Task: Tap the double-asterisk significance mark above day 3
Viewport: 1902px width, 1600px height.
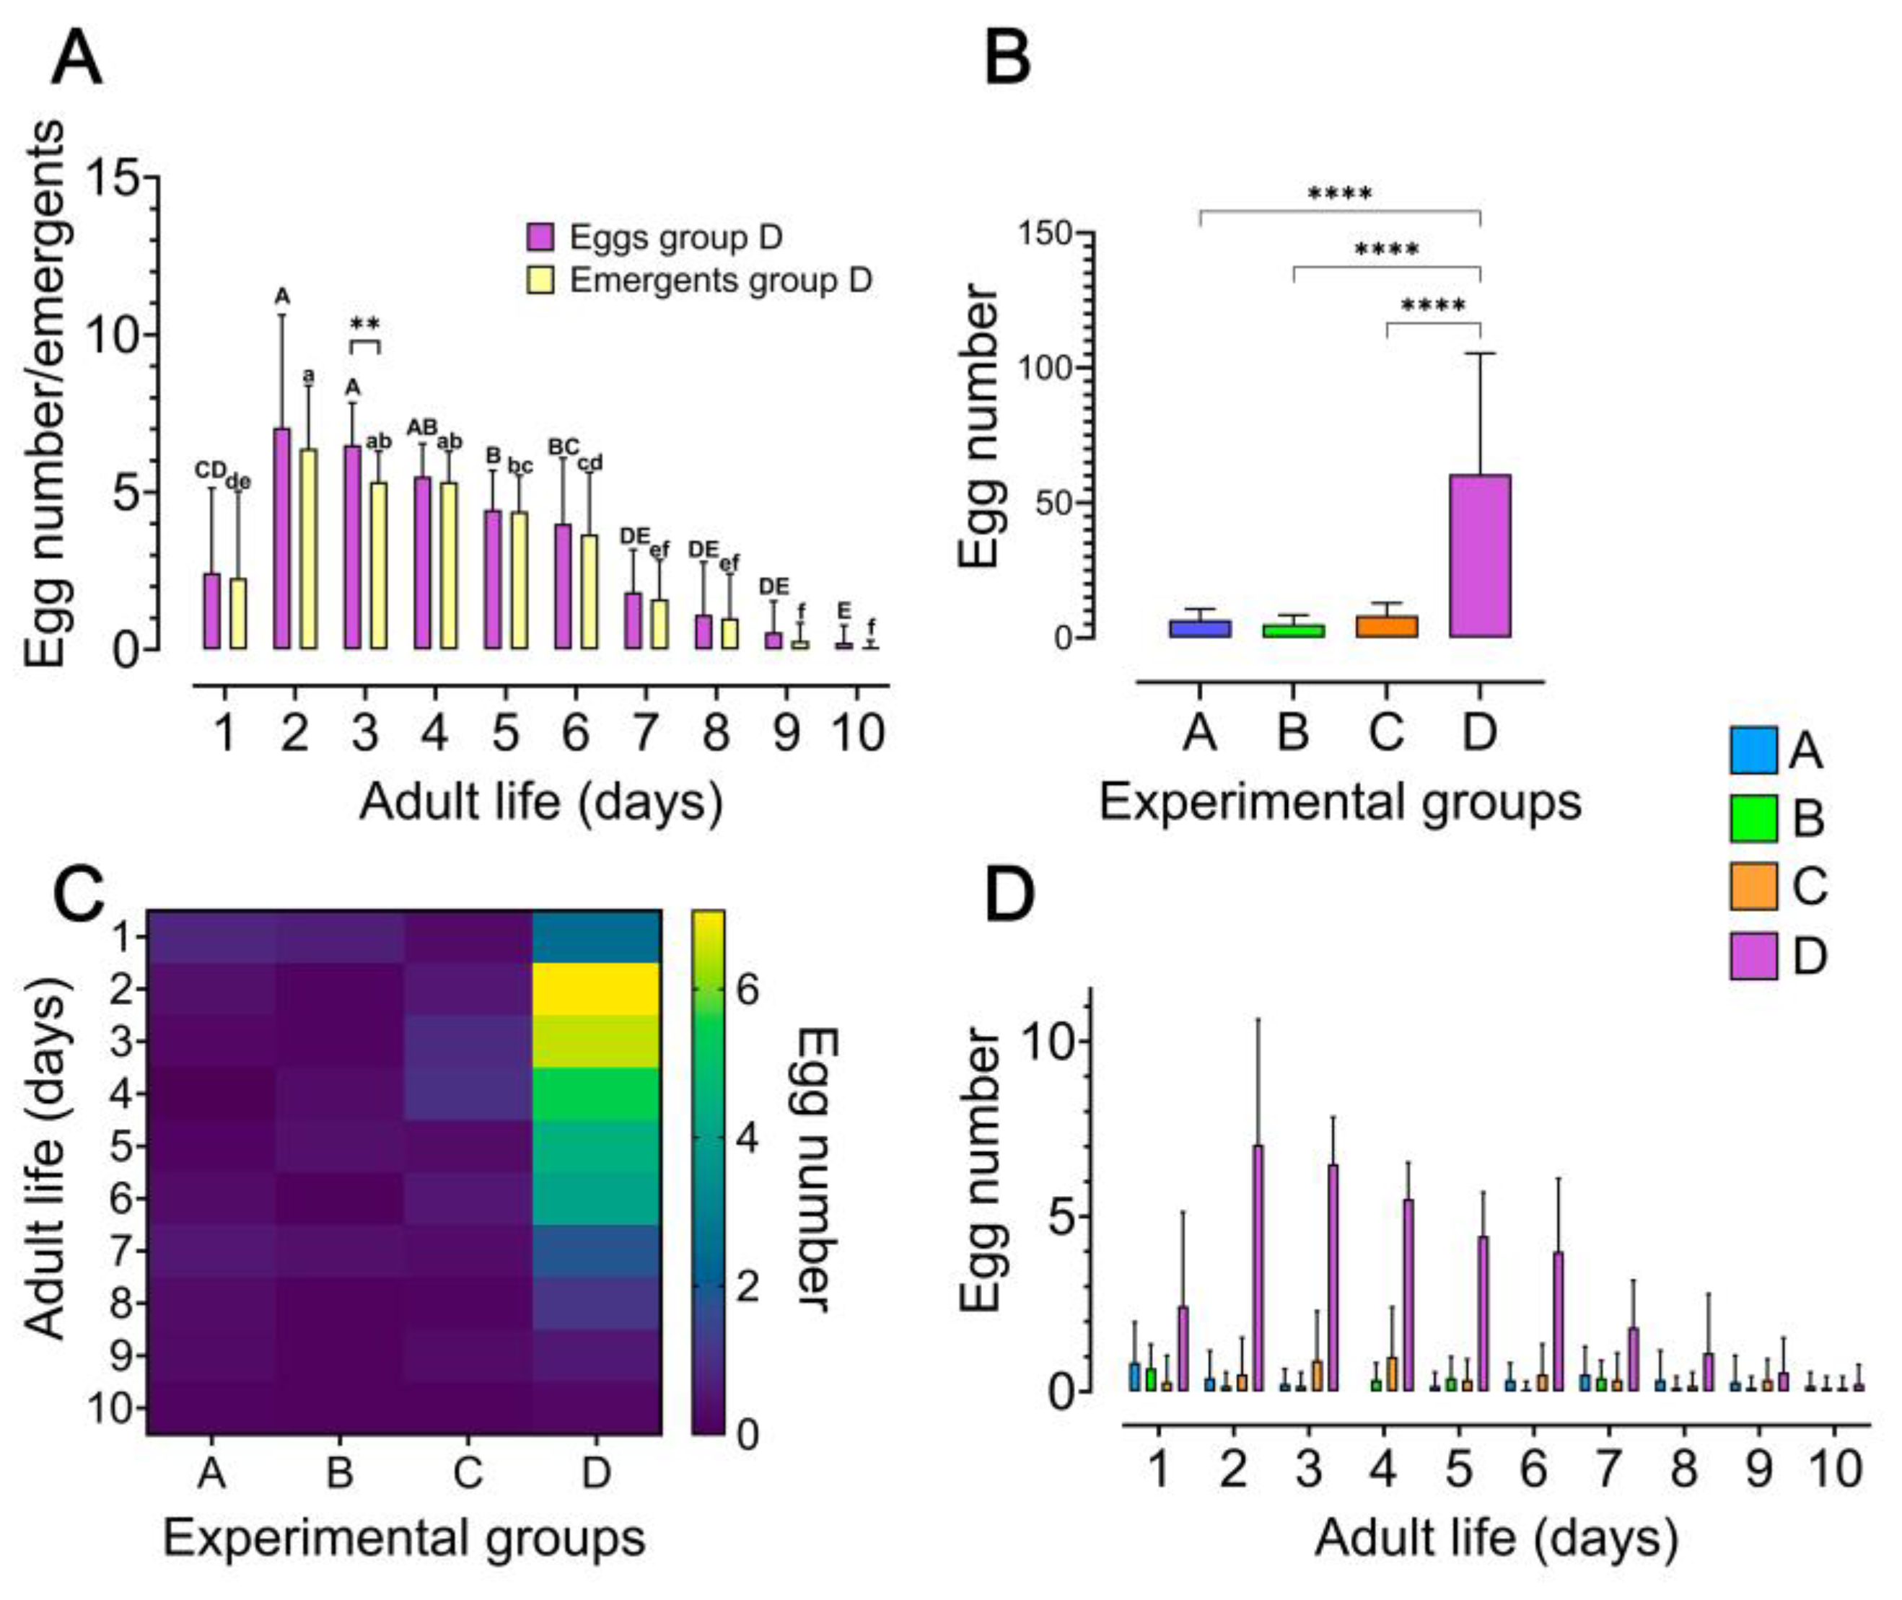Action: (x=364, y=324)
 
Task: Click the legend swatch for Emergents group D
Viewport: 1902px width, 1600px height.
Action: (x=540, y=281)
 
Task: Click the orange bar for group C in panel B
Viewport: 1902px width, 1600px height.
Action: (x=1386, y=627)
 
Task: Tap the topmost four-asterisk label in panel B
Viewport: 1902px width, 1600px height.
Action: (x=1340, y=194)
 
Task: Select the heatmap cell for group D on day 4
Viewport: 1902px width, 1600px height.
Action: (x=595, y=1094)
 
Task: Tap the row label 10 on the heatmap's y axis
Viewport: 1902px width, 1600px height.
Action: (x=113, y=1409)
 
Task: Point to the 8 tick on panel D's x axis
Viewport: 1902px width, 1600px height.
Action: (x=1683, y=1467)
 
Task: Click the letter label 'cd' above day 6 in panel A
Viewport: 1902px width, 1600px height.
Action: (x=590, y=462)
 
